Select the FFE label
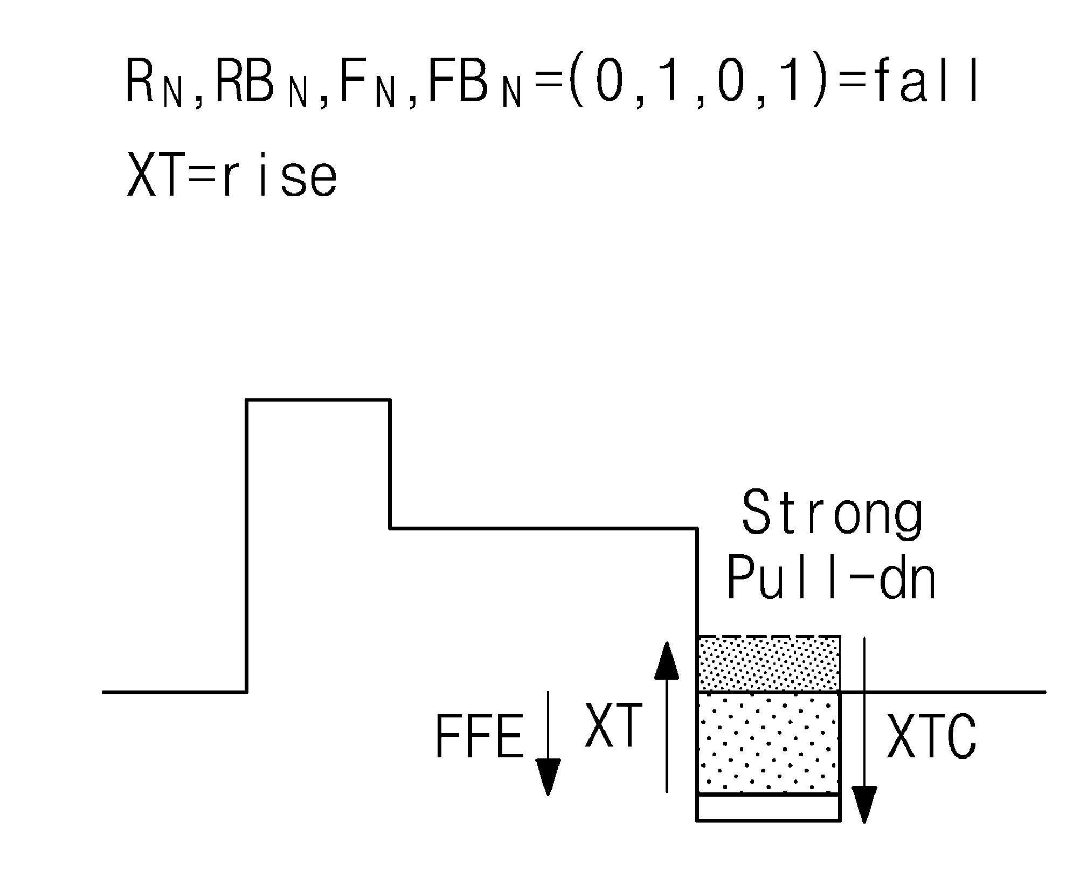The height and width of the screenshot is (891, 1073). coord(479,737)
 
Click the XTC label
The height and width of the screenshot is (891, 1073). coord(932,737)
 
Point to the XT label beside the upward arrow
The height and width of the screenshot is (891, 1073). coord(614,725)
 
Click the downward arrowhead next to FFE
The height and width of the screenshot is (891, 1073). coord(548,777)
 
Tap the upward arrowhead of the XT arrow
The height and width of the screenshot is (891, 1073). coord(667,660)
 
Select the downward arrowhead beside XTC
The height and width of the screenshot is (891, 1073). coord(864,805)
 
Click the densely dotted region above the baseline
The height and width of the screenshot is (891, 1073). coord(769,664)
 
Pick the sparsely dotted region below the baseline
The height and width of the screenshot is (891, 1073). coord(769,743)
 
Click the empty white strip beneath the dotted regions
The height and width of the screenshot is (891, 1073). coord(769,807)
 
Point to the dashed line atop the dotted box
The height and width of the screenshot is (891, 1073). coord(769,637)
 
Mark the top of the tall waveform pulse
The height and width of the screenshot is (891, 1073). coord(318,400)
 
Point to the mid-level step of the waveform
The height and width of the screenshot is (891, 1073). coord(543,528)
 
